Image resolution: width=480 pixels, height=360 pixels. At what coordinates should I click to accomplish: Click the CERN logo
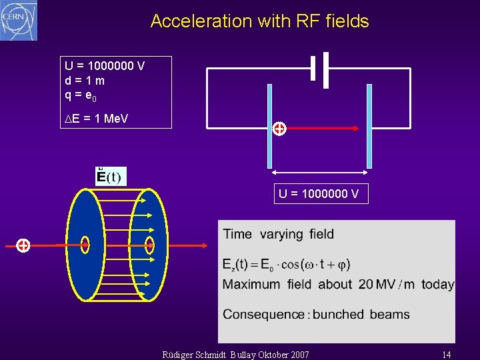pos(19,20)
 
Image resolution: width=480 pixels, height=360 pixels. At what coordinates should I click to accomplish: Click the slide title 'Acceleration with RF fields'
pos(259,21)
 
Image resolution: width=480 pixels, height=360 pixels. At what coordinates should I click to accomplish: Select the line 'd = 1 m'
pos(85,81)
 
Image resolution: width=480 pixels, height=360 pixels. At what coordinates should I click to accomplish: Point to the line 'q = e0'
pos(81,95)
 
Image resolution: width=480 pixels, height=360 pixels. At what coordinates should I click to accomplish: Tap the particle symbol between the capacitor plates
pos(279,129)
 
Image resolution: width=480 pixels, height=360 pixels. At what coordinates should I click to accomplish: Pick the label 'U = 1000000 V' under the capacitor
pos(319,194)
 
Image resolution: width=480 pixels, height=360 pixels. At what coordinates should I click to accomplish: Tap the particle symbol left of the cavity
pos(23,245)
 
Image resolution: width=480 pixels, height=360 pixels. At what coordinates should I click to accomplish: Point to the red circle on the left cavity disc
pos(85,245)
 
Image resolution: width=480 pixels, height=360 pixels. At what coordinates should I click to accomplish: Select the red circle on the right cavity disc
pos(150,245)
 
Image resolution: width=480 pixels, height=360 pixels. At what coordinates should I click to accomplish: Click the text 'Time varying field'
pos(279,234)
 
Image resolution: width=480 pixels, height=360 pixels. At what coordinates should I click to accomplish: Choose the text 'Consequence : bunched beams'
pos(316,314)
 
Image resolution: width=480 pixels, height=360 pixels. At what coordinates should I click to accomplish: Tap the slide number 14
pos(446,354)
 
